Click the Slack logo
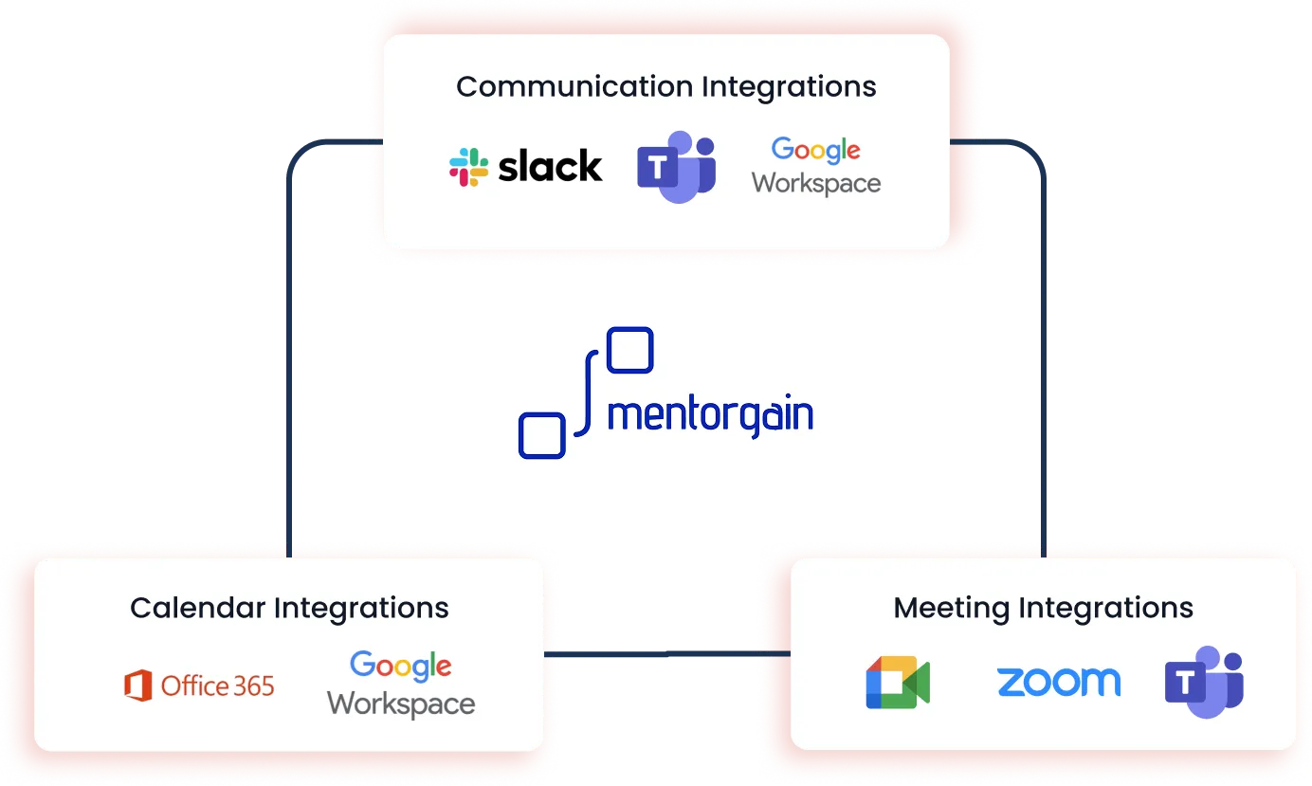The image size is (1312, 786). (x=526, y=167)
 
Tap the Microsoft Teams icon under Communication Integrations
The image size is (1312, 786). (x=676, y=167)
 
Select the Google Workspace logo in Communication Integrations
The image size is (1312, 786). (x=816, y=166)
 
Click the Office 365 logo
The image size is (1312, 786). (x=199, y=685)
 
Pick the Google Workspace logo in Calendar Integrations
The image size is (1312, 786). (x=401, y=684)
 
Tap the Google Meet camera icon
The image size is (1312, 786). (x=897, y=683)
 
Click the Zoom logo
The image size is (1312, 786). (x=1058, y=682)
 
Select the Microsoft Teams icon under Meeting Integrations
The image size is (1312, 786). (x=1204, y=682)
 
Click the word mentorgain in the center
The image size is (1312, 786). (x=710, y=415)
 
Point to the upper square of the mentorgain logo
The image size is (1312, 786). (x=629, y=350)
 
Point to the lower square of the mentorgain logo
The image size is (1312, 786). (x=542, y=436)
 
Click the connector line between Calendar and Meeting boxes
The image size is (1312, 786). (x=667, y=652)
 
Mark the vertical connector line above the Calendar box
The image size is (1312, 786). (x=288, y=379)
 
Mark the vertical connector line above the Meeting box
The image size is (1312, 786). (x=1042, y=379)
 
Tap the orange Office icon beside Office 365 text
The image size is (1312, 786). (x=138, y=685)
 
